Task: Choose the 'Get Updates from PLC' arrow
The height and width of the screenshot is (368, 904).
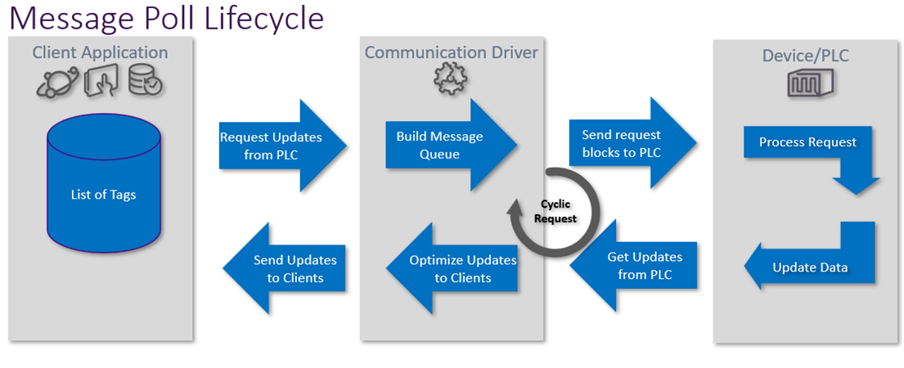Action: click(x=633, y=266)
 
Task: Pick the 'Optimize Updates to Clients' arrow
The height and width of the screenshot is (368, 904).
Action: click(x=452, y=268)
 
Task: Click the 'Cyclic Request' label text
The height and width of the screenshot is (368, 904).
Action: click(x=555, y=211)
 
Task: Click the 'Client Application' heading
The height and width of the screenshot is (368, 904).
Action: click(x=101, y=53)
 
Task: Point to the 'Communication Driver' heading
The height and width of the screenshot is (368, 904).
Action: click(x=452, y=52)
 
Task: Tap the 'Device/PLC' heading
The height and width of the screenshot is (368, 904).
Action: click(x=805, y=56)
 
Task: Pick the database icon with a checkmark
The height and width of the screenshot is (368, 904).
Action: click(x=146, y=81)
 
